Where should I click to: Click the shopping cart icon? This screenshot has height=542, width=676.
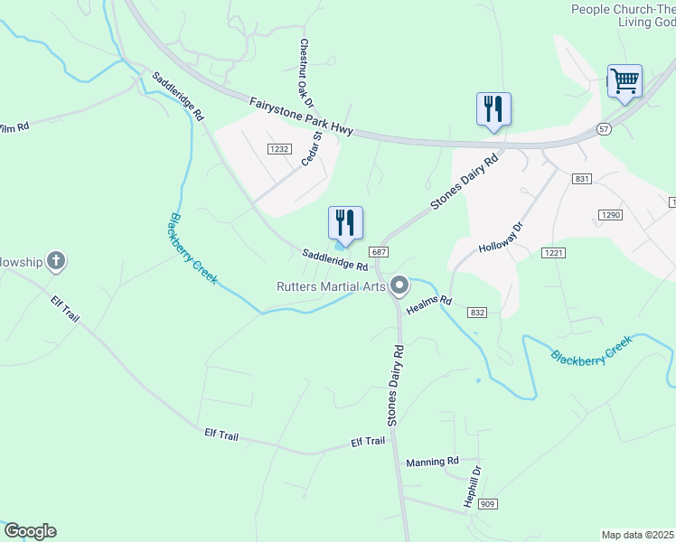(x=624, y=81)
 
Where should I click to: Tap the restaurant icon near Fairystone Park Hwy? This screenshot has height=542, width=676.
(x=493, y=109)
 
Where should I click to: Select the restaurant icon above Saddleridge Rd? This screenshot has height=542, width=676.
(x=345, y=222)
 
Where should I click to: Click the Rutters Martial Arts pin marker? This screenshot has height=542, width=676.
(x=399, y=287)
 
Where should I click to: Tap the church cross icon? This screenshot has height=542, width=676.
(x=56, y=263)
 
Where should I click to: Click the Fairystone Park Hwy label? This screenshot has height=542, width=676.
(x=301, y=117)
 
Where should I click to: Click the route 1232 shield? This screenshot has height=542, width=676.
(x=278, y=149)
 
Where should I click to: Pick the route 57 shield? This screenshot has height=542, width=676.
(x=604, y=129)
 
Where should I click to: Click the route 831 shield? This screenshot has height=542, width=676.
(x=582, y=179)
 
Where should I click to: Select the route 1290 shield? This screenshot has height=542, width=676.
(x=610, y=214)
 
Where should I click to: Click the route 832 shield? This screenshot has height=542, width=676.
(x=478, y=312)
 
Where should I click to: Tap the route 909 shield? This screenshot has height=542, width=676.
(x=488, y=503)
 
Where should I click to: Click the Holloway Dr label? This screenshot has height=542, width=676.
(x=502, y=238)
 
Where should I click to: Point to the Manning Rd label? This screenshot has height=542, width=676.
(x=432, y=462)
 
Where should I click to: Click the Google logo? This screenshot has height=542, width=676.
(x=30, y=531)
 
